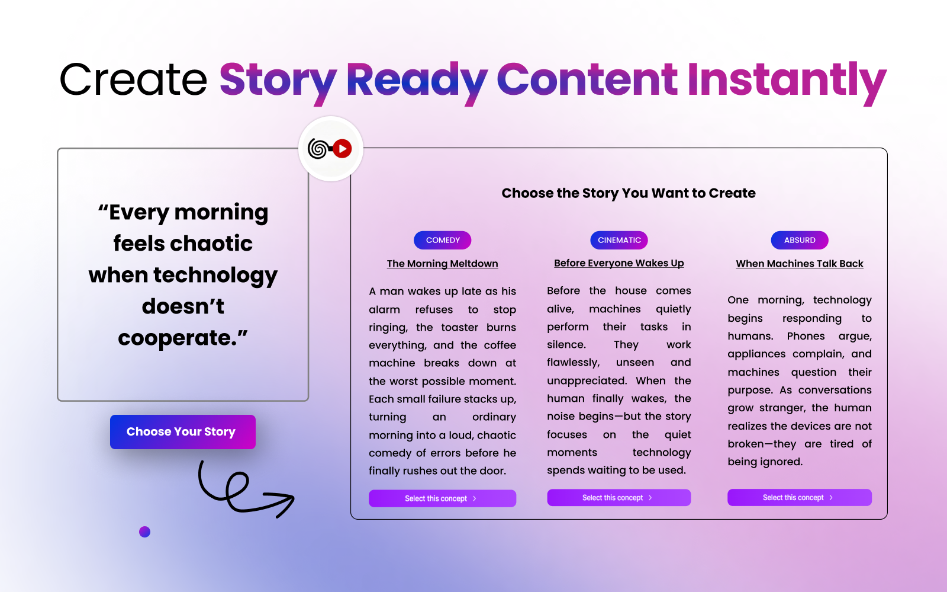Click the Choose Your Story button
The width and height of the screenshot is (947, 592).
pyautogui.click(x=182, y=432)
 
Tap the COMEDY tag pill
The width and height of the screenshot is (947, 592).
pyautogui.click(x=443, y=240)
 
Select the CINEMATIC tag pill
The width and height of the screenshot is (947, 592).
pyautogui.click(x=619, y=240)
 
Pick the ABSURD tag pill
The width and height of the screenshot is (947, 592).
pyautogui.click(x=800, y=240)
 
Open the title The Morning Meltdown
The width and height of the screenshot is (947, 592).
pyautogui.click(x=442, y=264)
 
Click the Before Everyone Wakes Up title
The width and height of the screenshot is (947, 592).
pyautogui.click(x=619, y=263)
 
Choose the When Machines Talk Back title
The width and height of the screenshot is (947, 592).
pyautogui.click(x=799, y=264)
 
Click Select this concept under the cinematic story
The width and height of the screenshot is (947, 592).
pyautogui.click(x=619, y=498)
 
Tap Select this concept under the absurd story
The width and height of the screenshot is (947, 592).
pyautogui.click(x=799, y=498)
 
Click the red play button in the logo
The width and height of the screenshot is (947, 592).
pyautogui.click(x=342, y=149)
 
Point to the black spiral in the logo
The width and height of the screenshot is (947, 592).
pyautogui.click(x=318, y=149)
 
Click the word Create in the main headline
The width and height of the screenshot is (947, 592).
pyautogui.click(x=133, y=80)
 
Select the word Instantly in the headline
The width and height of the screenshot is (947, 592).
pyautogui.click(x=786, y=80)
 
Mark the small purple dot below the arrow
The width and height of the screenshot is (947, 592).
pyautogui.click(x=144, y=532)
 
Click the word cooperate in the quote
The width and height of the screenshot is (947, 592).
pyautogui.click(x=177, y=338)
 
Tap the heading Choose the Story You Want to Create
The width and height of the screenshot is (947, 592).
pyautogui.click(x=628, y=193)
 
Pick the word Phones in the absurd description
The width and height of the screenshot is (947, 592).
pyautogui.click(x=806, y=336)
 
